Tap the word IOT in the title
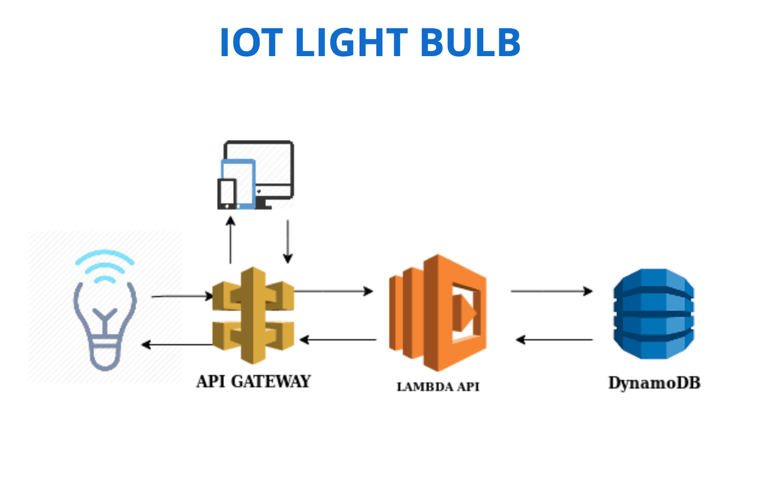tap(248, 43)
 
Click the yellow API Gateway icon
tap(253, 315)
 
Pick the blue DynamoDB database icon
tap(654, 314)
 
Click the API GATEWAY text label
tap(253, 381)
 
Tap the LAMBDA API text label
tap(437, 387)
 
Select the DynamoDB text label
tap(654, 384)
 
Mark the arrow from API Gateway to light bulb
tap(177, 345)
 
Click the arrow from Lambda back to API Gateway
tap(339, 339)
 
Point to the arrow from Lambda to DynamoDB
tap(551, 291)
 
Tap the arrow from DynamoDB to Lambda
tap(555, 340)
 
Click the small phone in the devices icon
tap(227, 193)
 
